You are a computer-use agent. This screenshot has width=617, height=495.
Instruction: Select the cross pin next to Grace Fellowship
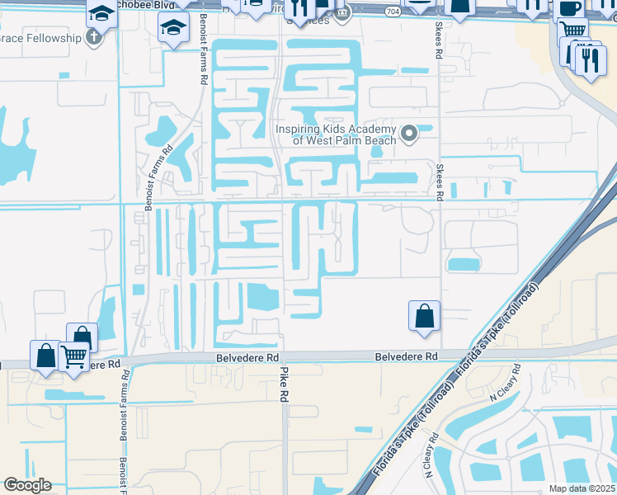(93, 37)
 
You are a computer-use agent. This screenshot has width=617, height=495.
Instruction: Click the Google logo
(27, 485)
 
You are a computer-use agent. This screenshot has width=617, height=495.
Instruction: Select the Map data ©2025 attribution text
(582, 488)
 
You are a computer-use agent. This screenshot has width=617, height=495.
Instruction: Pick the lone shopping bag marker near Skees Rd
(424, 316)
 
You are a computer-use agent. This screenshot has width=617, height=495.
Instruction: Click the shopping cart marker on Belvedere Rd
(74, 356)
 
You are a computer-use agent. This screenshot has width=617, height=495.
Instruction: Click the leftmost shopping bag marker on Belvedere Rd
(45, 355)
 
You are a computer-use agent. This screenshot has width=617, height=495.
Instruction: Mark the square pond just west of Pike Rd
(263, 296)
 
